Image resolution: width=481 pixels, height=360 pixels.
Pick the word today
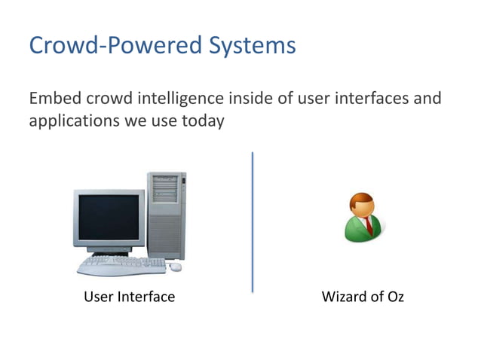coord(203,120)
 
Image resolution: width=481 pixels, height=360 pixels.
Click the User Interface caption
coord(129,297)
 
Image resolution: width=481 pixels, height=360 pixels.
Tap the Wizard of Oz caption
coord(363,297)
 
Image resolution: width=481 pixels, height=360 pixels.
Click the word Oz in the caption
coord(394,297)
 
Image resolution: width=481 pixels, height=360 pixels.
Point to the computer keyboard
coord(121,264)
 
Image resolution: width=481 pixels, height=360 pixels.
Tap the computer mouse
coord(176,267)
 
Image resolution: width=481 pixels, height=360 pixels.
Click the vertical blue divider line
coord(252,221)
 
